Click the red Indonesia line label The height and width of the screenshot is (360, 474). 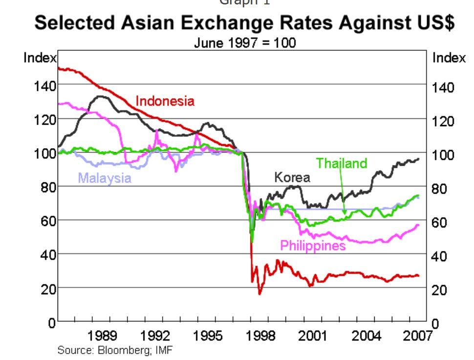pos(165,101)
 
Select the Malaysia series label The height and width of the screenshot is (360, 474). pos(105,178)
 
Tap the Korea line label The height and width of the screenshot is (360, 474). pos(292,177)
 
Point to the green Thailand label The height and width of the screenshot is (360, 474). pos(342,163)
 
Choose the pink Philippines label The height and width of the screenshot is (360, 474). pos(313,245)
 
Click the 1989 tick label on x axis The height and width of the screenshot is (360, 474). pos(103,336)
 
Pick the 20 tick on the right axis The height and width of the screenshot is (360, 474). pos(442,290)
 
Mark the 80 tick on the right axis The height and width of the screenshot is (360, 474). pos(442,189)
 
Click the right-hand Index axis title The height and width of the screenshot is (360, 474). pos(449,58)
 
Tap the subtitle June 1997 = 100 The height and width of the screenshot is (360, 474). pos(245,43)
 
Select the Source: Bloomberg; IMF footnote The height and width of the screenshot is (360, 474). pos(115,350)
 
